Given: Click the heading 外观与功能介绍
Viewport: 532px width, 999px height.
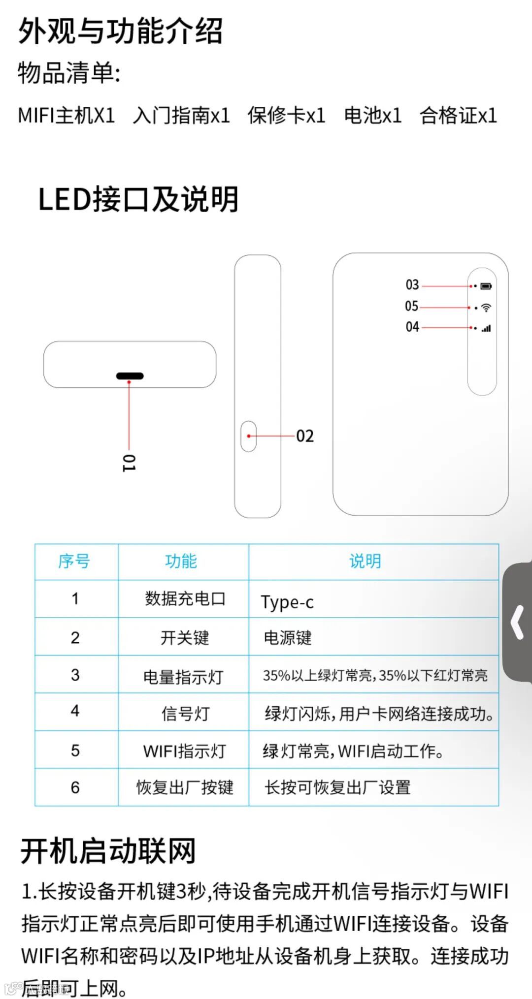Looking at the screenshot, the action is coord(120,31).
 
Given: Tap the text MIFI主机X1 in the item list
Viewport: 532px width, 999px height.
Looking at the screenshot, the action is coord(66,116).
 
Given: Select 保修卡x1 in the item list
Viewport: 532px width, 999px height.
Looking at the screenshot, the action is coord(286,116).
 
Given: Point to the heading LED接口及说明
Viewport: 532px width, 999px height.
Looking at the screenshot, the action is coord(138,199).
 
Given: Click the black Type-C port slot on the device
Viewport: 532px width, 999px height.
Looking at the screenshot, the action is coord(130,376).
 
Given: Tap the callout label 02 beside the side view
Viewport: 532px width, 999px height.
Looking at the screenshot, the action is coord(305,436).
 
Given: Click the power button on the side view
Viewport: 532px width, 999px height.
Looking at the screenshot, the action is coord(249,436).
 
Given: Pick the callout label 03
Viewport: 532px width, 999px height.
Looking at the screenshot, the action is coord(412,285).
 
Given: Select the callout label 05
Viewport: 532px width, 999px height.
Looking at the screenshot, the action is coord(412,306).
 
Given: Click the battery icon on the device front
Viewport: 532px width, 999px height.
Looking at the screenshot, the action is coord(486,286).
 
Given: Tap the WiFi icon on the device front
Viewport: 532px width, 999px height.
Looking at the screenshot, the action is coord(486,308).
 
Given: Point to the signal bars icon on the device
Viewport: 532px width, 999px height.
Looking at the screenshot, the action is coord(486,328).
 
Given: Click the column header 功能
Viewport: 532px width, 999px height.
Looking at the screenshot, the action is coord(181,561).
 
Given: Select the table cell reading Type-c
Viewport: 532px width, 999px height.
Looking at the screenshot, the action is coord(287,602).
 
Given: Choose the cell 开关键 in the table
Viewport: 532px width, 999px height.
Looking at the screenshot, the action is coord(185,638).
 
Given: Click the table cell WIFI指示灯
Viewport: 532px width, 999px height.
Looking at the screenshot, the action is coord(184,751).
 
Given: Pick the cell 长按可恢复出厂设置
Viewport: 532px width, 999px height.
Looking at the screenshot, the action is coord(338,787).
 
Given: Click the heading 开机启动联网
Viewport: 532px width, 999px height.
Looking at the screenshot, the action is coord(108,851).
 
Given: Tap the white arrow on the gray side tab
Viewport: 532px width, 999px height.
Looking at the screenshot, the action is coord(517,623).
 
